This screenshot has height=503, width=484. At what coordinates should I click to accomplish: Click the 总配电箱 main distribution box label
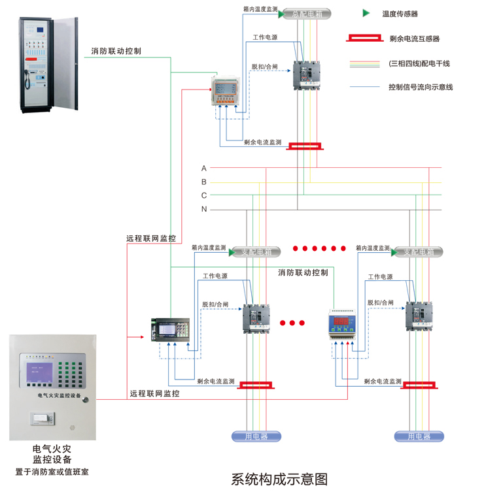click(307, 13)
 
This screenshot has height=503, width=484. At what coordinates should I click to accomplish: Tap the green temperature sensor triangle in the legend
click(366, 13)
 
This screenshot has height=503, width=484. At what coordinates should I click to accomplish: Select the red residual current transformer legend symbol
click(365, 39)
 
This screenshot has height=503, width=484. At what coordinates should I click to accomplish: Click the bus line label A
click(204, 169)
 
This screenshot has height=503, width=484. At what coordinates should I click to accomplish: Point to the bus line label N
click(204, 209)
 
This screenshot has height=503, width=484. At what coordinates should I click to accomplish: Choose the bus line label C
click(204, 195)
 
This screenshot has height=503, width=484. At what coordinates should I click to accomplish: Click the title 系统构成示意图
click(279, 479)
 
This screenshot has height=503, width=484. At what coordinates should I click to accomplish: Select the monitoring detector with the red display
click(345, 325)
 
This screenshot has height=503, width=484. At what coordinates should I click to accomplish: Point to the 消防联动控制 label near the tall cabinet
click(116, 50)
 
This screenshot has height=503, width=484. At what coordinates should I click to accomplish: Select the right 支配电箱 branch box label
click(419, 252)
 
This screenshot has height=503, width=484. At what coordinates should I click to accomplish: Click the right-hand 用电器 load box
click(419, 436)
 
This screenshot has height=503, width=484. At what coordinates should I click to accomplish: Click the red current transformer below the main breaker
click(305, 146)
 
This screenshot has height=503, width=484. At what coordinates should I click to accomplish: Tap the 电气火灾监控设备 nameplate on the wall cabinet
click(59, 395)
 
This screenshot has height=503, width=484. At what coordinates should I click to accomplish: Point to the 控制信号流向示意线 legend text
click(421, 87)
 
